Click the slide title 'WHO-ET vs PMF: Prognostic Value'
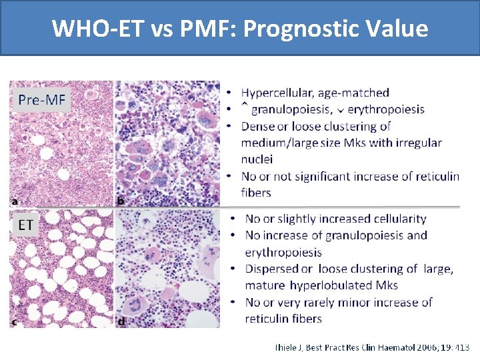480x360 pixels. tap(240, 28)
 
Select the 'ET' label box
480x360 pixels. tap(25, 225)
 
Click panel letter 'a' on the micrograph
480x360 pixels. tap(15, 200)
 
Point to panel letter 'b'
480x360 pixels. tap(121, 200)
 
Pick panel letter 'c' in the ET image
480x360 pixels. tap(15, 323)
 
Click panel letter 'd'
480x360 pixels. tap(121, 323)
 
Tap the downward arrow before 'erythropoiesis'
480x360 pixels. tap(341, 110)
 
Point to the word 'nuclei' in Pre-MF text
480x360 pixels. tap(257, 159)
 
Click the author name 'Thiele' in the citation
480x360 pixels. tap(289, 347)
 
